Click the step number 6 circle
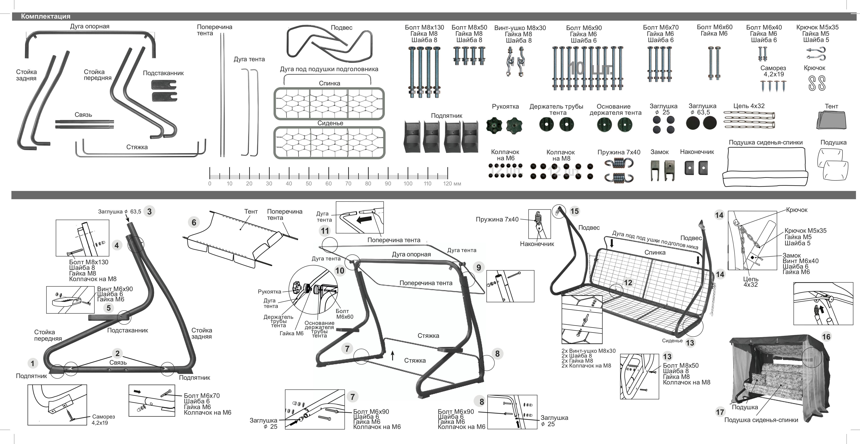click(x=194, y=222)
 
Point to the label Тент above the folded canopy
click(x=831, y=106)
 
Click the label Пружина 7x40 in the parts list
click(x=619, y=152)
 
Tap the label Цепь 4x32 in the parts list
click(x=749, y=106)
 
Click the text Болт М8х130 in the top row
click(x=424, y=27)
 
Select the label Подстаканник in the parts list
click(x=163, y=73)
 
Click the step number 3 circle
click(x=149, y=211)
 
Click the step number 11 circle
click(x=325, y=231)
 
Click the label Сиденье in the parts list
click(x=330, y=123)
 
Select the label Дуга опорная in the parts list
click(x=89, y=26)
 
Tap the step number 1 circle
click(x=32, y=363)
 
